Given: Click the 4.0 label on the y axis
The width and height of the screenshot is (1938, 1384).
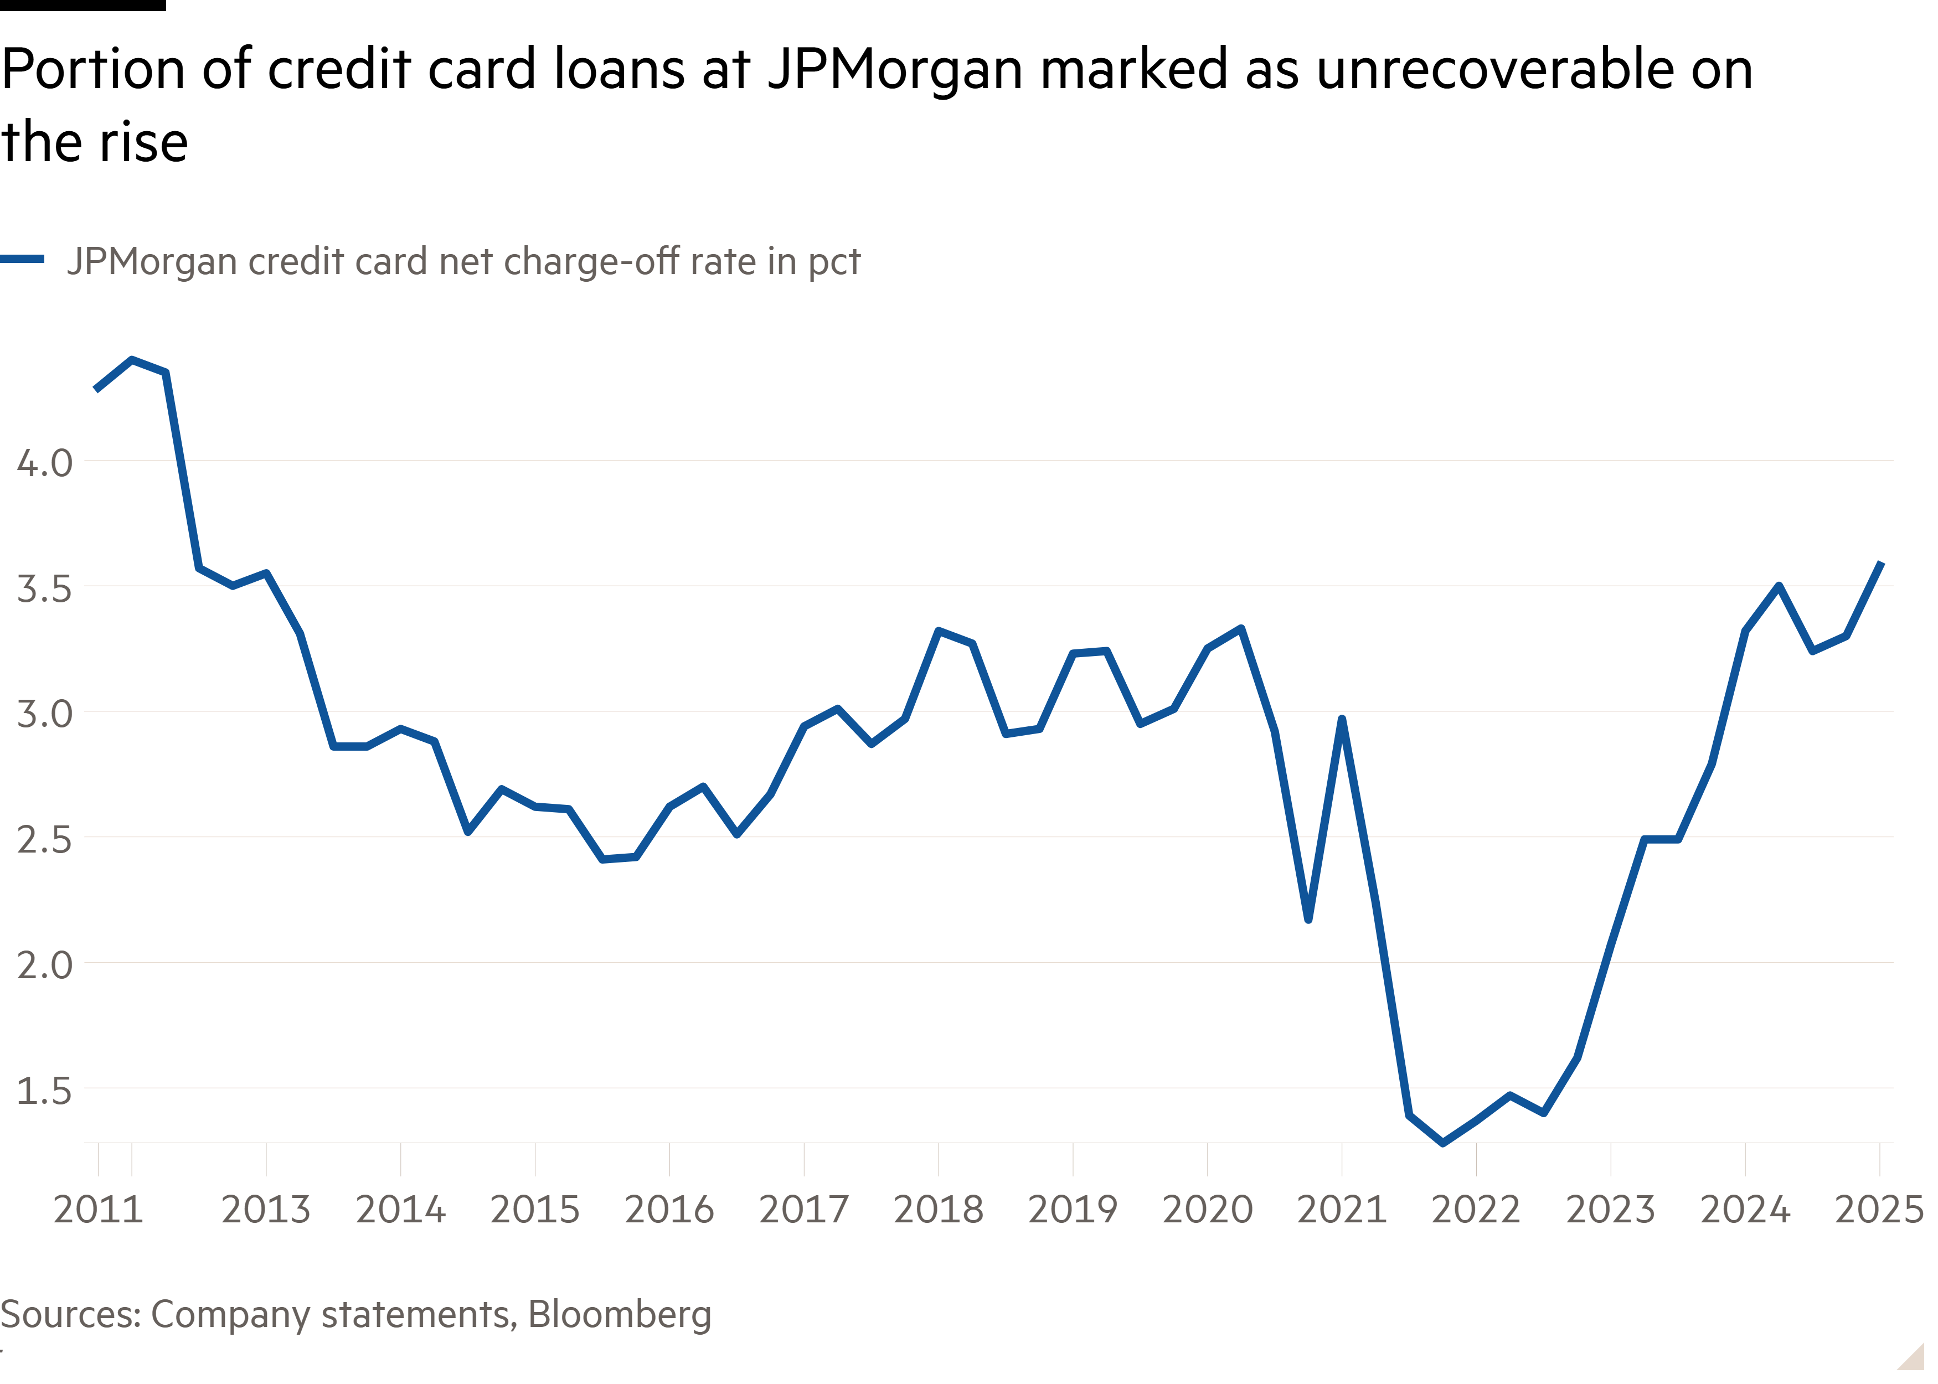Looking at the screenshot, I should tap(44, 463).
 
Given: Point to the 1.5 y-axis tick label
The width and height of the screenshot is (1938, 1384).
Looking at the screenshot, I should tap(44, 1091).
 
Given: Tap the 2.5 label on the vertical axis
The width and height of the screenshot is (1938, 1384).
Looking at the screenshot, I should tap(44, 840).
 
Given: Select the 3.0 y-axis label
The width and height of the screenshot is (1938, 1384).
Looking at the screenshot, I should tap(44, 714).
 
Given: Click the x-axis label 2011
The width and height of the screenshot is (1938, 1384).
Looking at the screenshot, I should tap(98, 1209).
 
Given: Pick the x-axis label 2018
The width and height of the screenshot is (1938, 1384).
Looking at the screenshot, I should tap(939, 1209).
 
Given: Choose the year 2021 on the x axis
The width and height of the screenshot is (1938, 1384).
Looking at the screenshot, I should tap(1342, 1209).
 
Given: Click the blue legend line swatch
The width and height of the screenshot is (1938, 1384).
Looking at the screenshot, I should tap(22, 259).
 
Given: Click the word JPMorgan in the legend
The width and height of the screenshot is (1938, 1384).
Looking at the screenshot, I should tap(152, 262).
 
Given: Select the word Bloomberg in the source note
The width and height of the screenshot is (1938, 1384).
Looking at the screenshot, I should tap(620, 1315).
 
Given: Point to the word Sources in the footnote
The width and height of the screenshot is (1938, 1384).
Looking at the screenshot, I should tap(70, 1315).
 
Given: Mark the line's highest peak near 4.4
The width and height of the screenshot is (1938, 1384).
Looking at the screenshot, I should tap(131, 360).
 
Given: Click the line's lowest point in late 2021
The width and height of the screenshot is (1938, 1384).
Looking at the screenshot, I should tap(1443, 1143).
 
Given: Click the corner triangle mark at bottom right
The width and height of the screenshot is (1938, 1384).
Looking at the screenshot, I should tap(1911, 1357).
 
